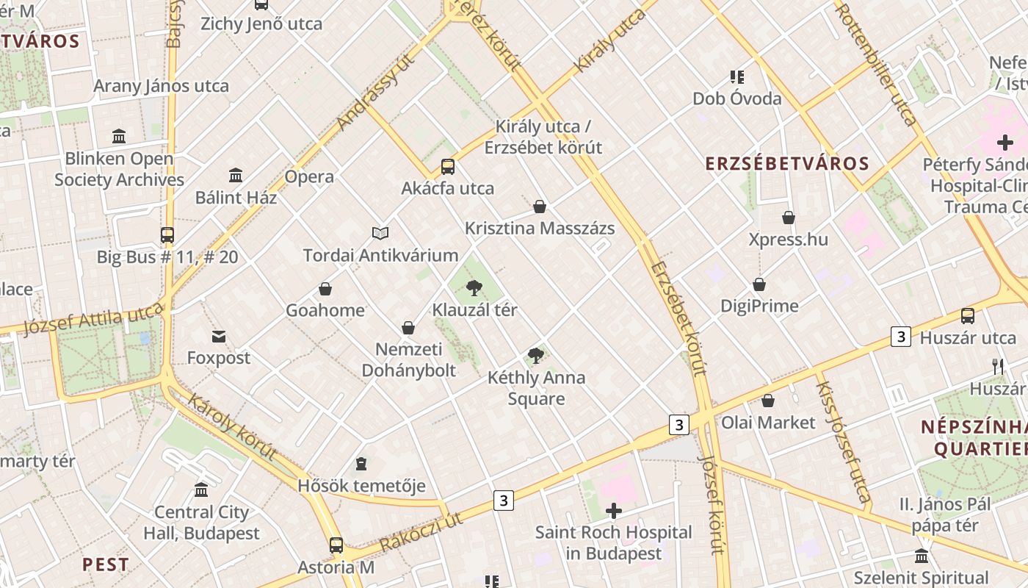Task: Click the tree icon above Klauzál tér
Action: tap(474, 287)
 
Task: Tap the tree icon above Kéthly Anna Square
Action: tap(536, 356)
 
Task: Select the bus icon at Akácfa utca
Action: tap(447, 167)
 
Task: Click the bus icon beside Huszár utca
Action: tap(968, 316)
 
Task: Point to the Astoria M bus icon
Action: tap(336, 545)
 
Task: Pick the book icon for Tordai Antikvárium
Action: tap(380, 233)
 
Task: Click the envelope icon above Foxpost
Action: tap(218, 337)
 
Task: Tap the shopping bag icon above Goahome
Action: tap(325, 289)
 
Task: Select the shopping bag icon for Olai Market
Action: tap(767, 401)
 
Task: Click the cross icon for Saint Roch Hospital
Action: tap(613, 510)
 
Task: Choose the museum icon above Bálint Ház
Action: tap(236, 176)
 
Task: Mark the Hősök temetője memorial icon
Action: tap(361, 464)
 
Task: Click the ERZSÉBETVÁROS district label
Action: tap(787, 164)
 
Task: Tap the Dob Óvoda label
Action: tap(736, 98)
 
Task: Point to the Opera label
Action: tap(309, 176)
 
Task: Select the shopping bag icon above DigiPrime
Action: tap(759, 284)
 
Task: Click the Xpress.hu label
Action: tap(788, 240)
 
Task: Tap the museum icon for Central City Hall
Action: tap(201, 490)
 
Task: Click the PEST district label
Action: tap(106, 564)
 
